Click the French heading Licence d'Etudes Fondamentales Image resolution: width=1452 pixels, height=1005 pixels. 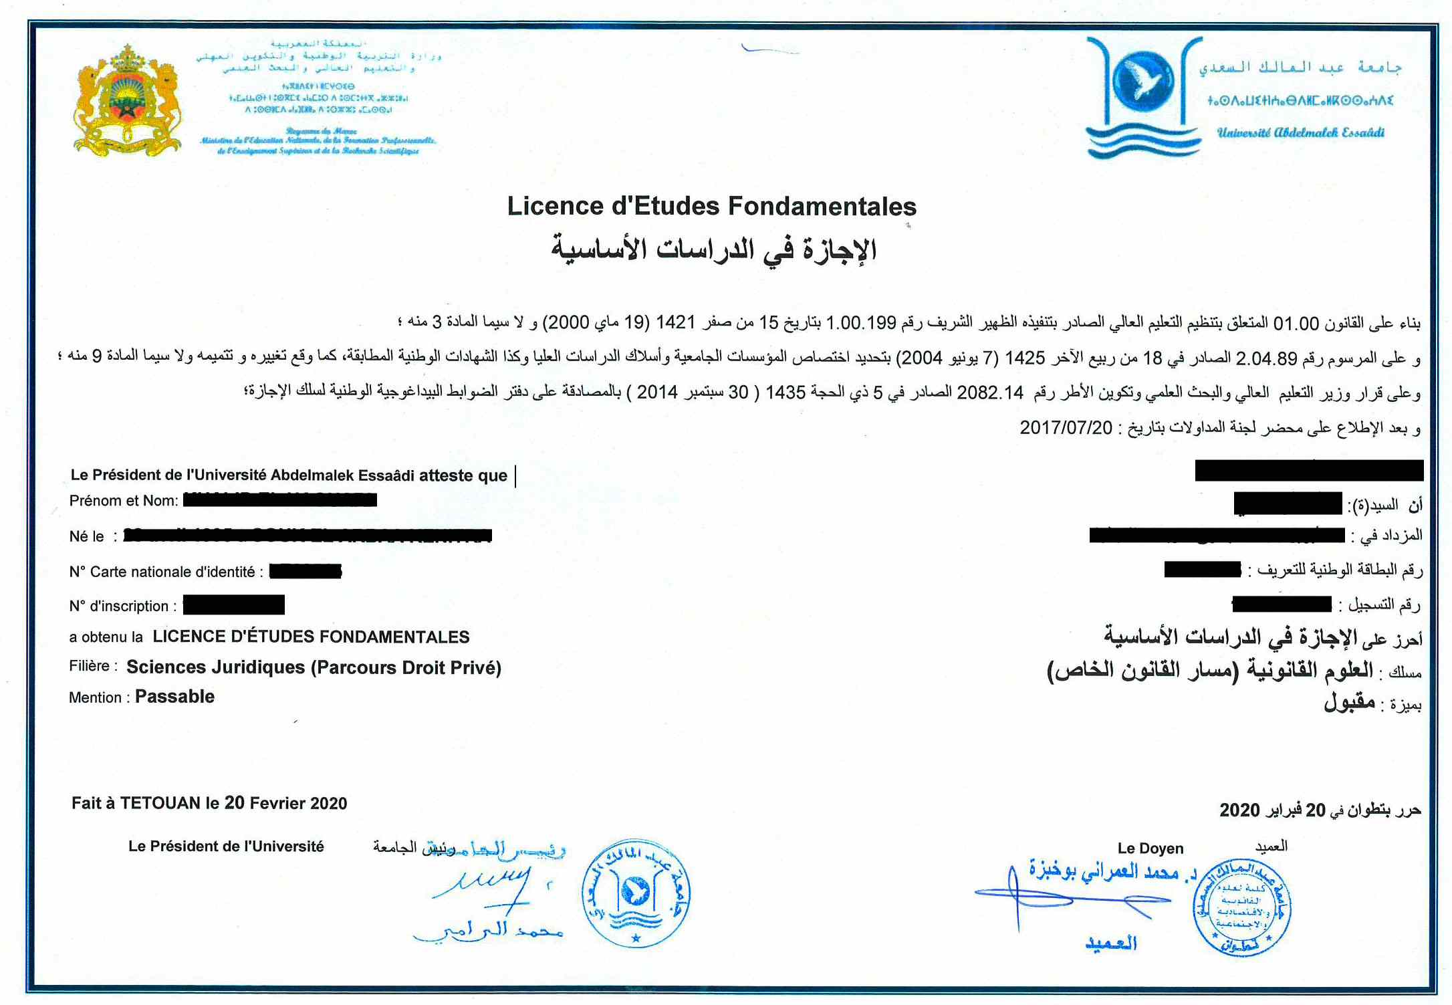point(711,206)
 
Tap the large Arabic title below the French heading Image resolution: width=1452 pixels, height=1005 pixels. point(713,250)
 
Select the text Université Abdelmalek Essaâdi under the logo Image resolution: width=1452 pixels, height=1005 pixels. point(1300,132)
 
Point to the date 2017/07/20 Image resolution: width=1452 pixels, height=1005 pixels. point(1066,428)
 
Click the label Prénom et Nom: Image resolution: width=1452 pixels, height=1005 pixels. point(124,501)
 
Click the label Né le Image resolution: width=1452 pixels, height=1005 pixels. point(87,536)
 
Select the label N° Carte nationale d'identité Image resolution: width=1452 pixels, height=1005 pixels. point(162,572)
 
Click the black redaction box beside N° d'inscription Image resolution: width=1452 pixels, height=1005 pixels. point(233,605)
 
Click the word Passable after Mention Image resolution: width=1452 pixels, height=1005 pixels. point(174,697)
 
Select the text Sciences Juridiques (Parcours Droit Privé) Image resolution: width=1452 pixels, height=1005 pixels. point(314,667)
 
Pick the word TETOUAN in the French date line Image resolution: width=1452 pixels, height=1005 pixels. point(160,803)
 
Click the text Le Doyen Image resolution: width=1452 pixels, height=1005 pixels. point(1150,849)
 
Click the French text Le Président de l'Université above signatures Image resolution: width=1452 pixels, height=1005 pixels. point(226,847)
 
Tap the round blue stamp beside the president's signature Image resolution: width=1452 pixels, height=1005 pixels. point(636,894)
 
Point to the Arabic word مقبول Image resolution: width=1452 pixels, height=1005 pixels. point(1350,703)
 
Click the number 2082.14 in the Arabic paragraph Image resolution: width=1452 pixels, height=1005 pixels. point(989,393)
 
